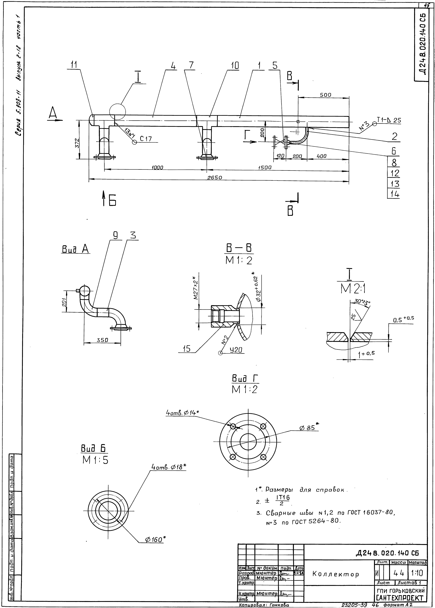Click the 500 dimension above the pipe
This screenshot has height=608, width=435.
[325, 95]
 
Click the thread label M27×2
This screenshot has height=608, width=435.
[196, 286]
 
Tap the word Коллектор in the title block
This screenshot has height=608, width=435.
[335, 574]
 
